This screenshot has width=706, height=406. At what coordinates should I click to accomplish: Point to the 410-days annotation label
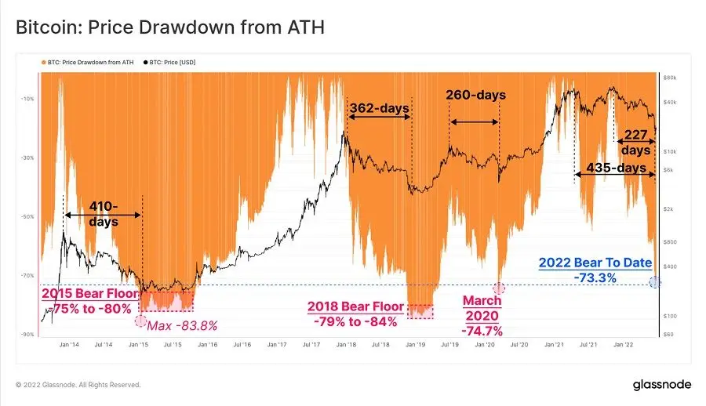click(x=102, y=214)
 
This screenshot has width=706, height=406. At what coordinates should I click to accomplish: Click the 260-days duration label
click(x=475, y=95)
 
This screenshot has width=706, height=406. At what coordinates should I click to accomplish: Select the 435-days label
click(x=616, y=168)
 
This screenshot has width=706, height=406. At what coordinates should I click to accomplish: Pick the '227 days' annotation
click(x=635, y=142)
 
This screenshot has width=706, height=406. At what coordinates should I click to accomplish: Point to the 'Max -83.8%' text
click(x=182, y=325)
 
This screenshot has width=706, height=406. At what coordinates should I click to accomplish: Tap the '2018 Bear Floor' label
click(x=355, y=307)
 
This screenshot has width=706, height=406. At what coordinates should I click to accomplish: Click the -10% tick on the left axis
click(x=27, y=99)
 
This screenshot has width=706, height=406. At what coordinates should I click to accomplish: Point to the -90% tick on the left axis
click(x=27, y=335)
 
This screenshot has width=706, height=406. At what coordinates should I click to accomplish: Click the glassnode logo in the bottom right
click(x=661, y=385)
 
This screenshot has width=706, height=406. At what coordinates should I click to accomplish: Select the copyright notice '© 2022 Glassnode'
click(x=78, y=385)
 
